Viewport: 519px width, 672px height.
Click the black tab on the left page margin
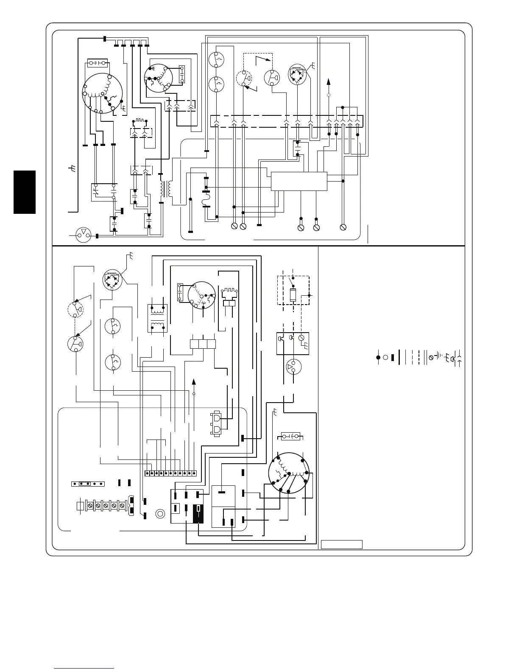(x=24, y=192)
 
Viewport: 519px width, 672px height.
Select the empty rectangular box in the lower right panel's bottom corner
(x=341, y=544)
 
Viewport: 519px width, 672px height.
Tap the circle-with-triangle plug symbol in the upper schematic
(x=83, y=235)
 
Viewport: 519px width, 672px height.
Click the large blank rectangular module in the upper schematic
(x=299, y=181)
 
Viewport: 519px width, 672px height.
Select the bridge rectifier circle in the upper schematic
(x=297, y=74)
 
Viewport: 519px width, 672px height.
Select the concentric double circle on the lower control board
(x=160, y=514)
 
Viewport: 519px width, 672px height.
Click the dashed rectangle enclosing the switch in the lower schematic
(x=293, y=290)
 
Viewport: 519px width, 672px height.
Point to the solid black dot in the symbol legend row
(x=378, y=357)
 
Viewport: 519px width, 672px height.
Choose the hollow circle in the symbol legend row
(x=385, y=357)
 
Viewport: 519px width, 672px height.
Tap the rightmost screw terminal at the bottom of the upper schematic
(x=343, y=227)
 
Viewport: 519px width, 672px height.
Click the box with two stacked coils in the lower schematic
(x=156, y=318)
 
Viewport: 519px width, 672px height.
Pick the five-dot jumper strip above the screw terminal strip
(x=87, y=483)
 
